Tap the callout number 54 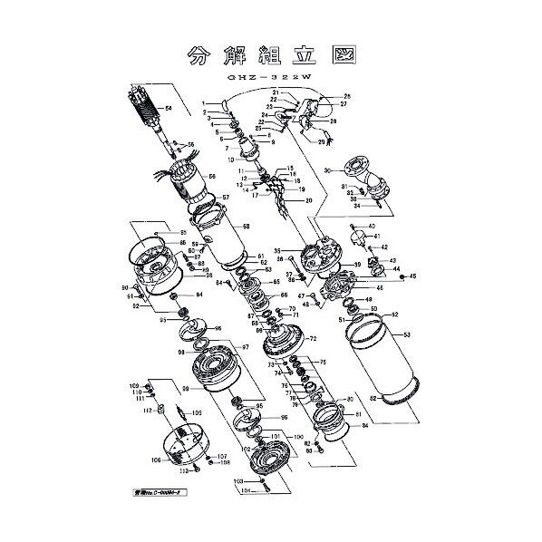[168, 110]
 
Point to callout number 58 [247, 226]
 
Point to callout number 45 [412, 276]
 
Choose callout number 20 [309, 200]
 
